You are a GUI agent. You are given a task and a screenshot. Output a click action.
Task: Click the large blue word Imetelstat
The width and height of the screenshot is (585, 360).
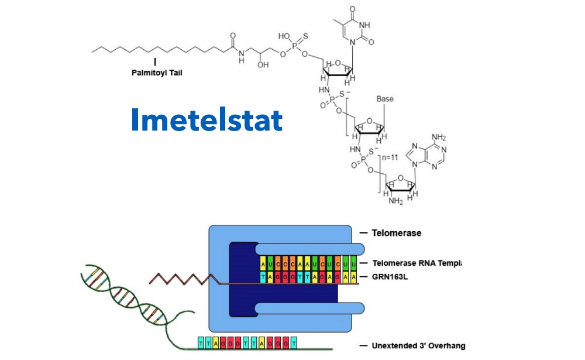[x=207, y=120]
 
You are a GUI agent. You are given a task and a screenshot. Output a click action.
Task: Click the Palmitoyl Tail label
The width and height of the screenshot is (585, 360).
[x=155, y=74]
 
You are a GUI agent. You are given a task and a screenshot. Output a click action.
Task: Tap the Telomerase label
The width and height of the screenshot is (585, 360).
[x=396, y=233]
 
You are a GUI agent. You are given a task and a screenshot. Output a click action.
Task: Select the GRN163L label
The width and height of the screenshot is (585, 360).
[x=390, y=276]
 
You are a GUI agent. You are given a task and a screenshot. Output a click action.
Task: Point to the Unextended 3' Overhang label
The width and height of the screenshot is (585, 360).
[x=418, y=345]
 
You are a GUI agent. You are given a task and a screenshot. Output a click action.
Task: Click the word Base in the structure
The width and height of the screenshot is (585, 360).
[x=385, y=99]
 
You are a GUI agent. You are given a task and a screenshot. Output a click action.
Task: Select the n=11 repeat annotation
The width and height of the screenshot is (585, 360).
[x=391, y=157]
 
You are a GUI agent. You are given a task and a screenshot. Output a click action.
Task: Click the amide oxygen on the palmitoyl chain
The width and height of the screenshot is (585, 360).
[x=233, y=35]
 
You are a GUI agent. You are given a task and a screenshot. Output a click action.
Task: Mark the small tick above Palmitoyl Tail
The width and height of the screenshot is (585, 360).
[x=155, y=61]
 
